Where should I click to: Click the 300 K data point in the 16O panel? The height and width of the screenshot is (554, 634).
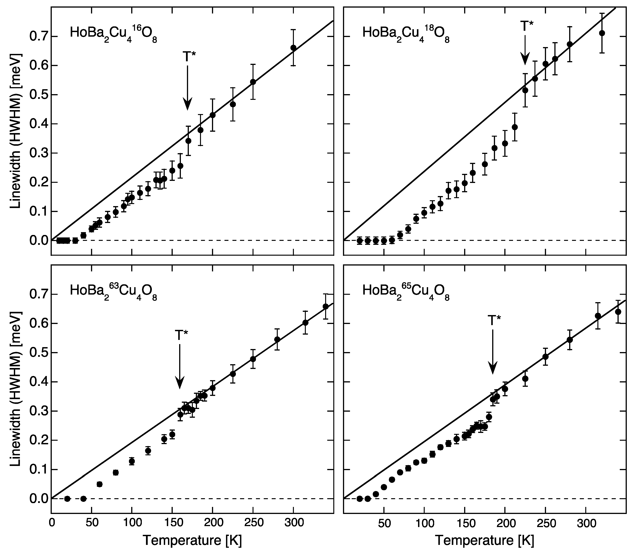coord(293,48)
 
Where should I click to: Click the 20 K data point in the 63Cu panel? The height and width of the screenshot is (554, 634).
coord(67,499)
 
